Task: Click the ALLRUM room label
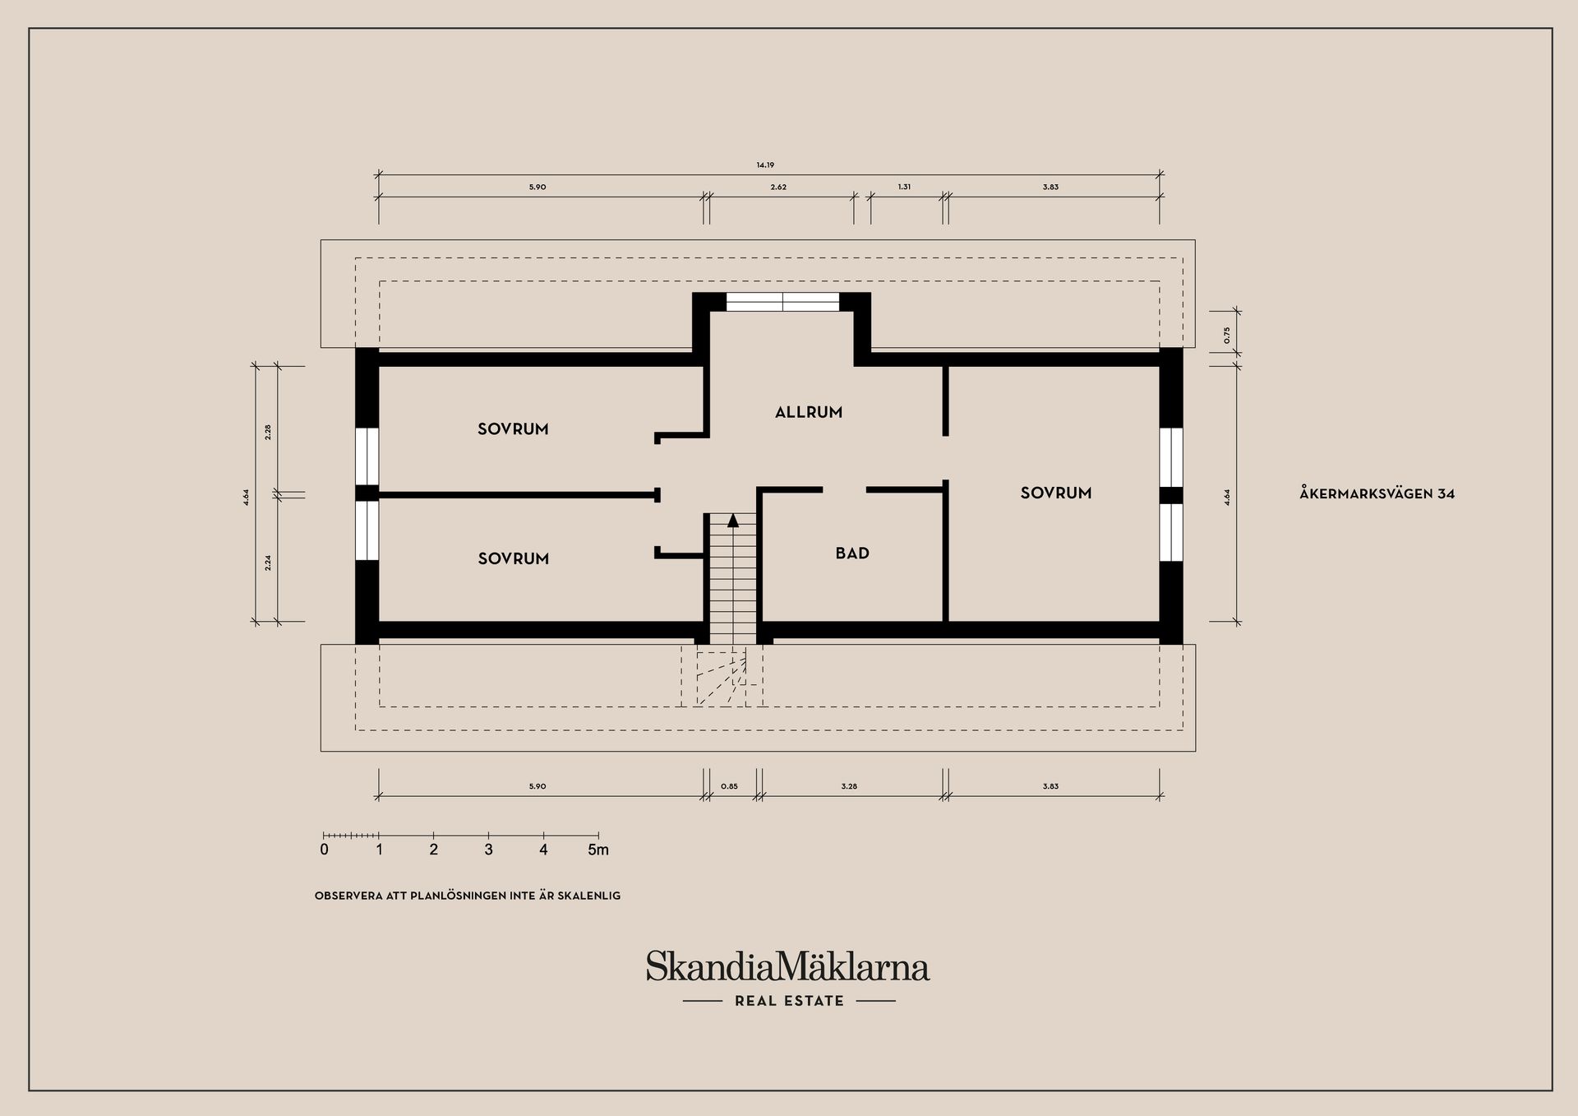tap(809, 412)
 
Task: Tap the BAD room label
tap(852, 553)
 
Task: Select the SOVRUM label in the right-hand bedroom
tap(1056, 493)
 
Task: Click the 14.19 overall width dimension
tap(765, 165)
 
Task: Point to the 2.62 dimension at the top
tap(778, 188)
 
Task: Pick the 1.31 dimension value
tap(904, 187)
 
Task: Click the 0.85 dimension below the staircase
tap(729, 786)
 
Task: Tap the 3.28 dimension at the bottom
tap(849, 786)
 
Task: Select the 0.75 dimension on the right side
tap(1226, 335)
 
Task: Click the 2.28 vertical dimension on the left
tap(268, 432)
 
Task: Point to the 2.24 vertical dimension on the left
tap(268, 563)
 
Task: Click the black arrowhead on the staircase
tap(733, 520)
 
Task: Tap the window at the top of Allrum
tap(782, 302)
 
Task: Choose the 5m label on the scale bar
tap(598, 850)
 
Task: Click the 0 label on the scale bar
tap(324, 850)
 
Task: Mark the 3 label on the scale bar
tap(488, 850)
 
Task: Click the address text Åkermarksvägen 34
tap(1377, 493)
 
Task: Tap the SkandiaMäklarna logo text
tap(787, 966)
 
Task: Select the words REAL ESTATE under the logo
tap(789, 1001)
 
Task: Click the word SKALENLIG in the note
tap(588, 896)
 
